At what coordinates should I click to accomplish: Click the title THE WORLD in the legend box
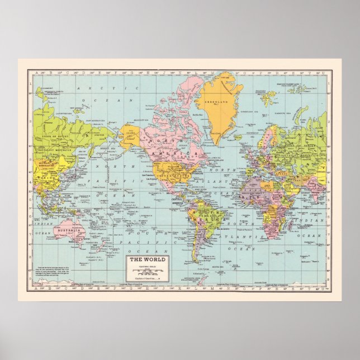(x=144, y=259)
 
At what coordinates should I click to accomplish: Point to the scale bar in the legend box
(x=144, y=272)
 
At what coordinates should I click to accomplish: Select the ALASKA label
(x=132, y=134)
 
